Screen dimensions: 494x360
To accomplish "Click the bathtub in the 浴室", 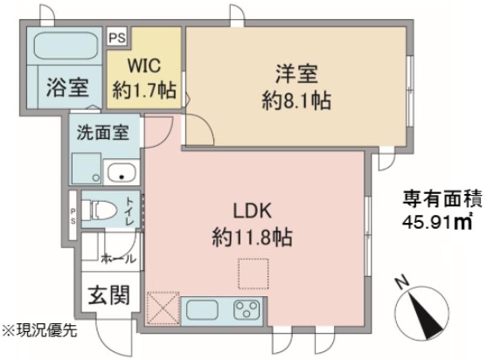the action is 66,45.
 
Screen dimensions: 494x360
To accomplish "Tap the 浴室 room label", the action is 67,87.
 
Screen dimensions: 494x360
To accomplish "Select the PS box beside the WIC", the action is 117,38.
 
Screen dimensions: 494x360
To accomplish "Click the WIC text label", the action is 144,66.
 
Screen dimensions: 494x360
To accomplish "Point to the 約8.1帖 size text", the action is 296,100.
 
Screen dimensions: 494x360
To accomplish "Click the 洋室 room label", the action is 296,73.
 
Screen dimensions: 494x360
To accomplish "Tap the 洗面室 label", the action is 103,132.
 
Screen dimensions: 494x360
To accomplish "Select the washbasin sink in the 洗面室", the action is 122,173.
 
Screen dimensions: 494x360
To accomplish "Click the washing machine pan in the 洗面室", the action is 87,168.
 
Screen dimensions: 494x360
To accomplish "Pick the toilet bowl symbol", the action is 100,209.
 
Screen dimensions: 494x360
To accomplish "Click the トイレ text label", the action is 129,211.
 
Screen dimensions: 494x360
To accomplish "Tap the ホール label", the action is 119,259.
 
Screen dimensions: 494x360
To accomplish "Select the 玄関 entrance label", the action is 108,295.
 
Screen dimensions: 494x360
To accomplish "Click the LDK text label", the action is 252,211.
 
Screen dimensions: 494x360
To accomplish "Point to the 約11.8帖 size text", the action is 252,238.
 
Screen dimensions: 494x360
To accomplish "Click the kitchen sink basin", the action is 202,310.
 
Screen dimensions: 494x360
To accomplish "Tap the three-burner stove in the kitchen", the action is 247,309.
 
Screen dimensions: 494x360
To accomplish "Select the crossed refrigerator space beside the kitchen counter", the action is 164,308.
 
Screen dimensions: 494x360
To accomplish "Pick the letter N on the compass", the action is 401,283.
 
